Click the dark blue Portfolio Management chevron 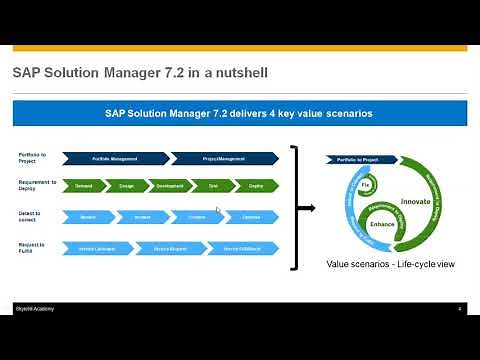(x=114, y=157)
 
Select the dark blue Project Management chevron (x=224, y=157)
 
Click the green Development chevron (x=169, y=186)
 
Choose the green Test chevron (x=212, y=186)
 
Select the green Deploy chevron (x=255, y=186)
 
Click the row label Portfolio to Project (x=31, y=157)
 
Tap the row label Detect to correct (x=31, y=216)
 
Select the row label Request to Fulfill (x=31, y=246)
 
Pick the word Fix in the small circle (x=366, y=186)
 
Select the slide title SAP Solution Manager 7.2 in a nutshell (x=139, y=73)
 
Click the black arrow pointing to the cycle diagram (x=307, y=208)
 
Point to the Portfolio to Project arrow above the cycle (x=356, y=159)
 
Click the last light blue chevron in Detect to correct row (x=250, y=216)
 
